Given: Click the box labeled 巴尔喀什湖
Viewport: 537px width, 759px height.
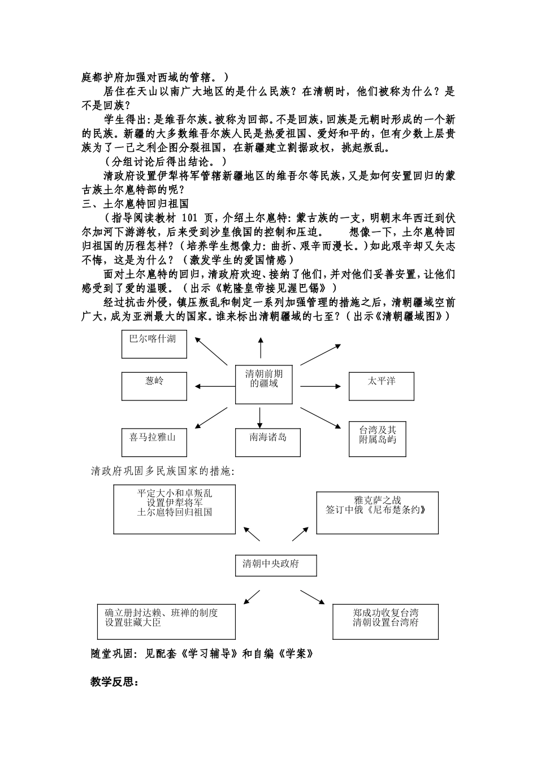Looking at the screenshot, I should coord(154,344).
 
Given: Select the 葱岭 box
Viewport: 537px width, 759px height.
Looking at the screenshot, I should coord(154,386).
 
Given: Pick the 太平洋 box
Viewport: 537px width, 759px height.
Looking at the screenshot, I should coord(381,386).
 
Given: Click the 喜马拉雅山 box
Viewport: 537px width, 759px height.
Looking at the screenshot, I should coord(154,442).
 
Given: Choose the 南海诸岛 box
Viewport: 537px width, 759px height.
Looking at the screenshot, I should coord(267,442).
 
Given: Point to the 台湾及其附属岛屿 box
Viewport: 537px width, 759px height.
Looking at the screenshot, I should coord(381,439).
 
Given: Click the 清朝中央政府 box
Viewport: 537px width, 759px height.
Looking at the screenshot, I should coord(275,565).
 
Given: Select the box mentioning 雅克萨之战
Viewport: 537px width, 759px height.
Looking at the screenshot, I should coord(377,513).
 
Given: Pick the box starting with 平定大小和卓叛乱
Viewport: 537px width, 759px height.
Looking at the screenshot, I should coord(174,510).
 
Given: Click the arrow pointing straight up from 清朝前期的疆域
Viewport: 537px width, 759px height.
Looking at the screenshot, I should coord(261,347).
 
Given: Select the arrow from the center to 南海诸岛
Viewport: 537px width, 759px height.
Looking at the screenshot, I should coord(260,416).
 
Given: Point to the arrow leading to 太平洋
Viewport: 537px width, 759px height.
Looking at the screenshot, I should coord(321,387).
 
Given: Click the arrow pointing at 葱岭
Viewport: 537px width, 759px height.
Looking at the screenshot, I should coord(214,387).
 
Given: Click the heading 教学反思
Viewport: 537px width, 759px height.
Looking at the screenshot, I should coord(115,682).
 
